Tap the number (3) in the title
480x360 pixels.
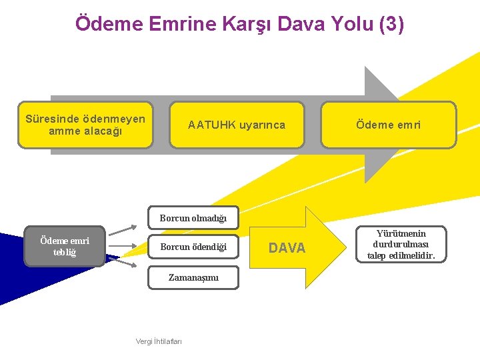point(391,25)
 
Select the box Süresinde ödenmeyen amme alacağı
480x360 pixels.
point(85,125)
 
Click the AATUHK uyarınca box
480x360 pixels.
point(237,125)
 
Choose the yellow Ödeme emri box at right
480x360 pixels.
point(388,125)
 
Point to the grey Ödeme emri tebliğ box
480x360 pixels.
point(65,246)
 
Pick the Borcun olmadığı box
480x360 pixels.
point(193,218)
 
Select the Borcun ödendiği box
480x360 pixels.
point(193,247)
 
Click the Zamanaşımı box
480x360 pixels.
point(193,277)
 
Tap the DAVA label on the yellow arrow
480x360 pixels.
point(287,248)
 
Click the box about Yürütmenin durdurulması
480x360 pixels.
point(401,245)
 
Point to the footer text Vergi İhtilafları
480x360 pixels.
point(159,341)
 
